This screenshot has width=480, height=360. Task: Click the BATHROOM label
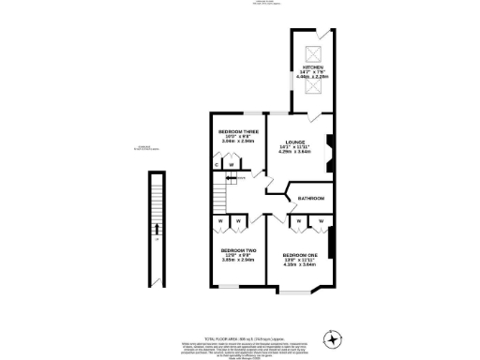pyautogui.click(x=311, y=199)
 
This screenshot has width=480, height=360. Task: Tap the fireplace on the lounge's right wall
pyautogui.click(x=327, y=150)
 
